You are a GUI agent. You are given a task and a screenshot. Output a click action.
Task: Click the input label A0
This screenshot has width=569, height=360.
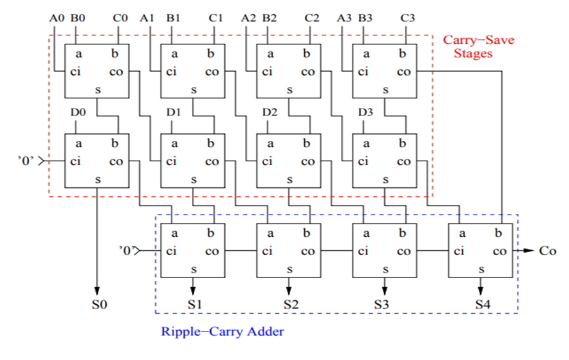tap(57, 18)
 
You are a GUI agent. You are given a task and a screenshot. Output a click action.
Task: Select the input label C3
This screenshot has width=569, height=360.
tap(408, 18)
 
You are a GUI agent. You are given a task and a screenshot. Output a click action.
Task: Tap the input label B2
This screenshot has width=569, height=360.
tap(269, 18)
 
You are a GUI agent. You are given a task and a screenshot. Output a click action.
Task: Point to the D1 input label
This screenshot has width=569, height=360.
tap(173, 112)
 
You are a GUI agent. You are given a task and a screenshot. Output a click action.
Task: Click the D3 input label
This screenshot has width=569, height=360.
tap(365, 112)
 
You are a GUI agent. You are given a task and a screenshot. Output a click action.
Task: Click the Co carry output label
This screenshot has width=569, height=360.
tap(547, 251)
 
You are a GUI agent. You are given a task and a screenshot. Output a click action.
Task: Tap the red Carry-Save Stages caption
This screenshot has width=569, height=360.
tap(477, 47)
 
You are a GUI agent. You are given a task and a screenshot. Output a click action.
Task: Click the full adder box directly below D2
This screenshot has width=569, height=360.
tap(289, 161)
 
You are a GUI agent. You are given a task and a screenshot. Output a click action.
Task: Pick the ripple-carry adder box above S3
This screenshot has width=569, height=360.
tap(385, 250)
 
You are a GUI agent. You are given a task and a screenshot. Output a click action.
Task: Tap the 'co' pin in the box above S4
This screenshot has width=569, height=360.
tap(500, 251)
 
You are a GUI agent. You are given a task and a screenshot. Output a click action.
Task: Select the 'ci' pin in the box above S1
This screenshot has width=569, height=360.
tap(171, 251)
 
